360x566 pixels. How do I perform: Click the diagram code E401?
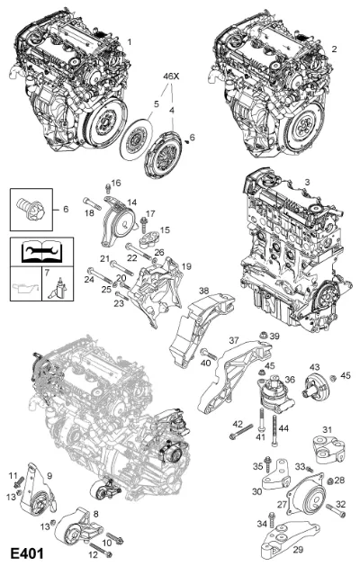click(x=26, y=553)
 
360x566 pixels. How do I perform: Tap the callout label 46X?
click(x=171, y=76)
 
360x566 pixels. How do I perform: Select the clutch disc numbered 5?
click(x=135, y=139)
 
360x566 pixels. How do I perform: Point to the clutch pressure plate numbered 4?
click(x=163, y=155)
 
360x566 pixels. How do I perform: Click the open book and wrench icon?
click(x=41, y=252)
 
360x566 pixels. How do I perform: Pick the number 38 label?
click(x=204, y=291)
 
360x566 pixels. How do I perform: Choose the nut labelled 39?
click(x=263, y=336)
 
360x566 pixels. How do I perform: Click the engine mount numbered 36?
click(x=275, y=395)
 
